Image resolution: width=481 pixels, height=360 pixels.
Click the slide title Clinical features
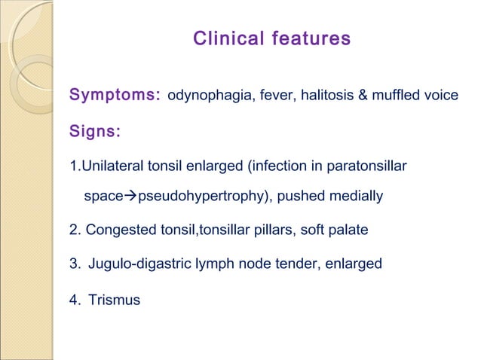[271, 38]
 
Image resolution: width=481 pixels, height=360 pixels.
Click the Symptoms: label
[115, 96]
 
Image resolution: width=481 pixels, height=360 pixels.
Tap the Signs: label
[95, 133]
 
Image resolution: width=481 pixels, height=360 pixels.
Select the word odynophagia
[206, 96]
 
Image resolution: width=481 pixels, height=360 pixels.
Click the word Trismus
[114, 301]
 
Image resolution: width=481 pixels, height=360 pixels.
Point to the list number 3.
[73, 264]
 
